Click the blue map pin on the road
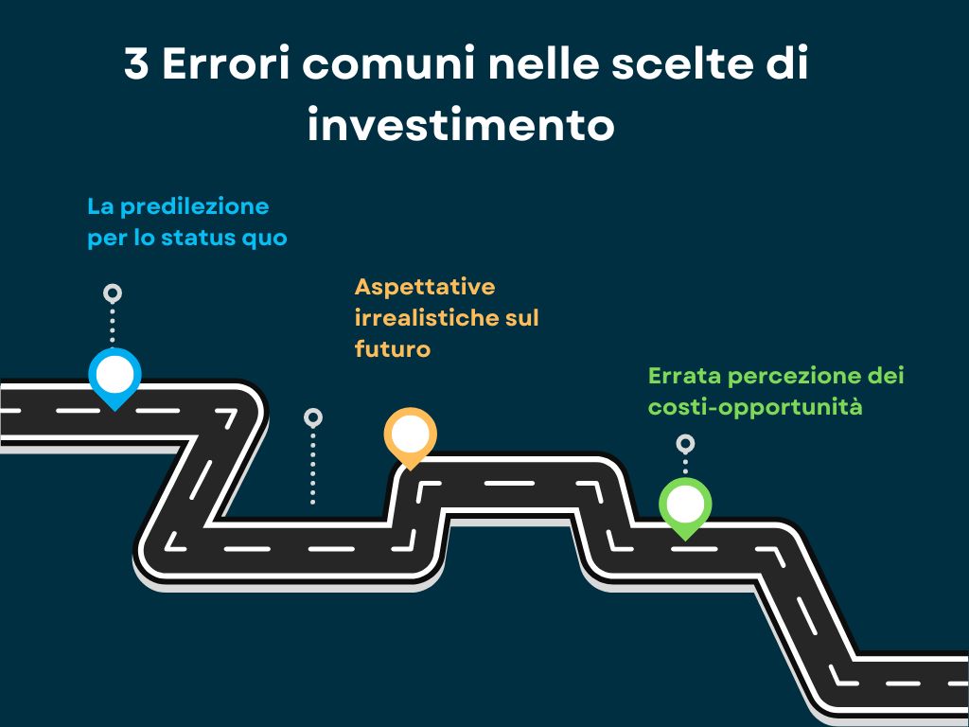(x=115, y=377)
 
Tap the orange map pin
(x=411, y=436)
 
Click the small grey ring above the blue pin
(x=113, y=293)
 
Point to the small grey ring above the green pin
(x=685, y=444)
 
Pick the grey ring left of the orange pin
(x=313, y=417)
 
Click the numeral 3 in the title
(x=136, y=63)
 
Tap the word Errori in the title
(x=225, y=63)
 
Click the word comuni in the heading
(x=389, y=63)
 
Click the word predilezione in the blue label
(x=195, y=207)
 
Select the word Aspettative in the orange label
(x=425, y=288)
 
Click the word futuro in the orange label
(x=393, y=349)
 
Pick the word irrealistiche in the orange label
(x=423, y=318)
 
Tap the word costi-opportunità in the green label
(x=755, y=407)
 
